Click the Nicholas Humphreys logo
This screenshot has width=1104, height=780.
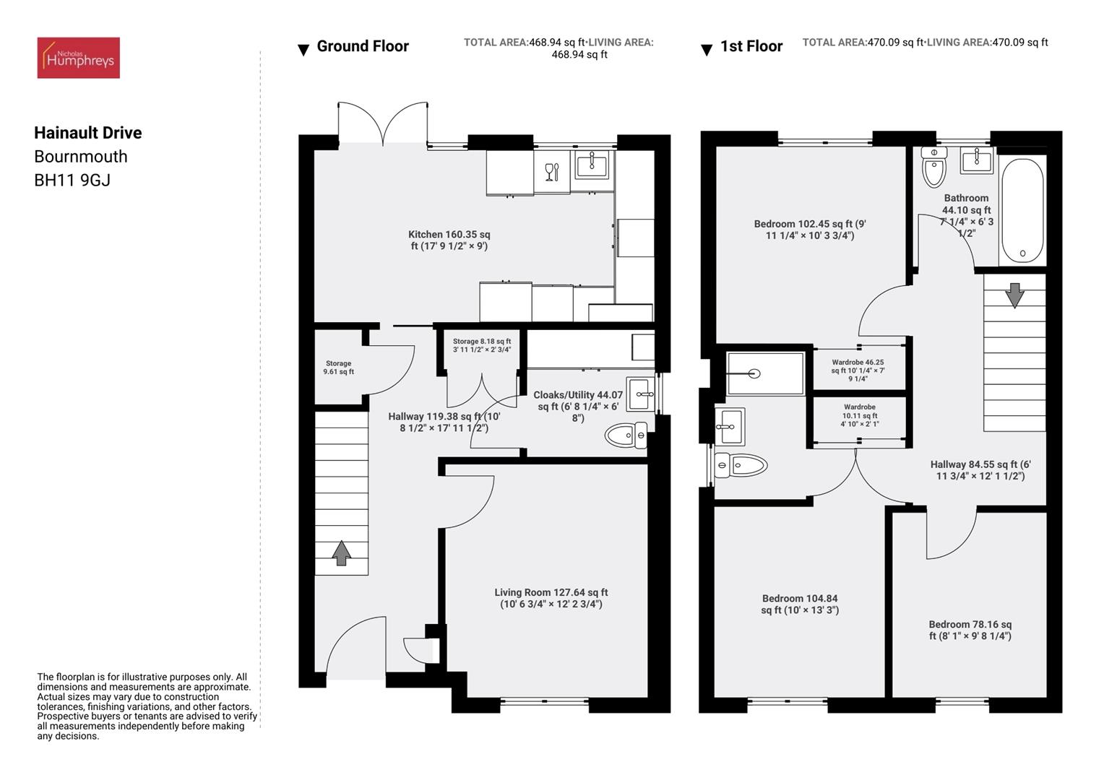point(78,58)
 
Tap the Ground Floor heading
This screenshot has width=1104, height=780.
point(362,47)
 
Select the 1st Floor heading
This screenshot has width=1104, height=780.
point(751,47)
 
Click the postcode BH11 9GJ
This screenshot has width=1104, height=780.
point(72,181)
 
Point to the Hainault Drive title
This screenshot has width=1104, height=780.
point(88,133)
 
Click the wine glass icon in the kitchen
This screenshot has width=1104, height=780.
point(552,172)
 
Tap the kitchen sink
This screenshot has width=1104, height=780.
point(592,165)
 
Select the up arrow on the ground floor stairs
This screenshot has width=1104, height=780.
point(342,553)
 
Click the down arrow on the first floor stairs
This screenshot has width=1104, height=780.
point(1014,295)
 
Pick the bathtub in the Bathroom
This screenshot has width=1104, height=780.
point(1022,210)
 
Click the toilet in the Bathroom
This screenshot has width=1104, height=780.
point(934,168)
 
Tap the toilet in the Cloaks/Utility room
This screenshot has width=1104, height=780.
point(626,435)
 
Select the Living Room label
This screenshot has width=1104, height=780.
point(551,598)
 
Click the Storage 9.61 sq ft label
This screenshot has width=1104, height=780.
point(338,368)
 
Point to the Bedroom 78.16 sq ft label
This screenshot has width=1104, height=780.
point(970,630)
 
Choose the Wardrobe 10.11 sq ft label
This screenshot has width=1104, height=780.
point(859,415)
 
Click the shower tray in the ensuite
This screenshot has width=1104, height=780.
point(765,373)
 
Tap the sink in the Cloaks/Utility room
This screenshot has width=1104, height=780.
point(640,394)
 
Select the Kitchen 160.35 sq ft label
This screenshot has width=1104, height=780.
point(449,240)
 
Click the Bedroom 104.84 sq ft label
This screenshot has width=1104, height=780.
point(799,604)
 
